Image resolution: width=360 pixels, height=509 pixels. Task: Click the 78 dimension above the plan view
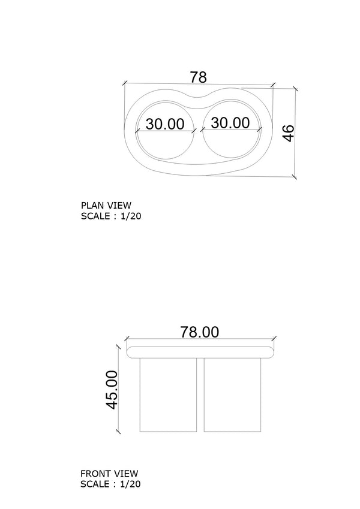click(x=198, y=77)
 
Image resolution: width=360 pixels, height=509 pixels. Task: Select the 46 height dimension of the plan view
click(x=289, y=133)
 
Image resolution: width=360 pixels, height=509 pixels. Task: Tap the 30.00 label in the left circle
click(x=165, y=124)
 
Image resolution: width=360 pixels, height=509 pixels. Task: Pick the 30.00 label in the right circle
click(x=230, y=123)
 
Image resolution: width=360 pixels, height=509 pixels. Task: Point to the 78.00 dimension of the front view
click(x=200, y=332)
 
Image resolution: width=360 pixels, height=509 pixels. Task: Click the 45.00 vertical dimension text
click(x=112, y=390)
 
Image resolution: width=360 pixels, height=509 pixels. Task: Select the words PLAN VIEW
click(x=106, y=206)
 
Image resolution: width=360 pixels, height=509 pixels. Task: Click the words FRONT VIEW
click(x=109, y=474)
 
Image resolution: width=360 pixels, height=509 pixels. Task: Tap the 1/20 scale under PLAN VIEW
click(x=131, y=216)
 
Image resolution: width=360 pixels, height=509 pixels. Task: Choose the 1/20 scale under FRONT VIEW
click(x=130, y=484)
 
